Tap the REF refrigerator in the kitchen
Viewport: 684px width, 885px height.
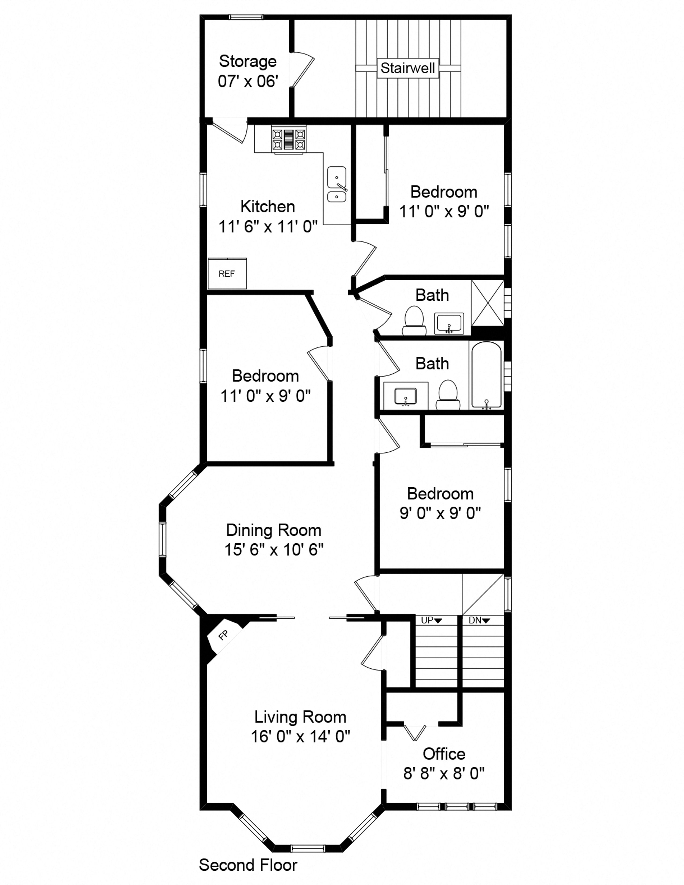point(227,274)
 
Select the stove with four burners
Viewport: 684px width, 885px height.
point(289,139)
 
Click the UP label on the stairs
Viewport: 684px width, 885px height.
point(431,620)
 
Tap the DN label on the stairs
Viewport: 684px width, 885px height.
point(479,620)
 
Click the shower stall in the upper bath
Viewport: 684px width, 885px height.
point(487,303)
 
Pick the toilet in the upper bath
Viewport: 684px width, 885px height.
point(414,321)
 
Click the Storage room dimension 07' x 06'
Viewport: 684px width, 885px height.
point(248,82)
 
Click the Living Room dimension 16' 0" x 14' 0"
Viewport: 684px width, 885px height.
point(300,736)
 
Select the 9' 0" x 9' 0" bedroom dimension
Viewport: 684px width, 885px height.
point(440,513)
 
